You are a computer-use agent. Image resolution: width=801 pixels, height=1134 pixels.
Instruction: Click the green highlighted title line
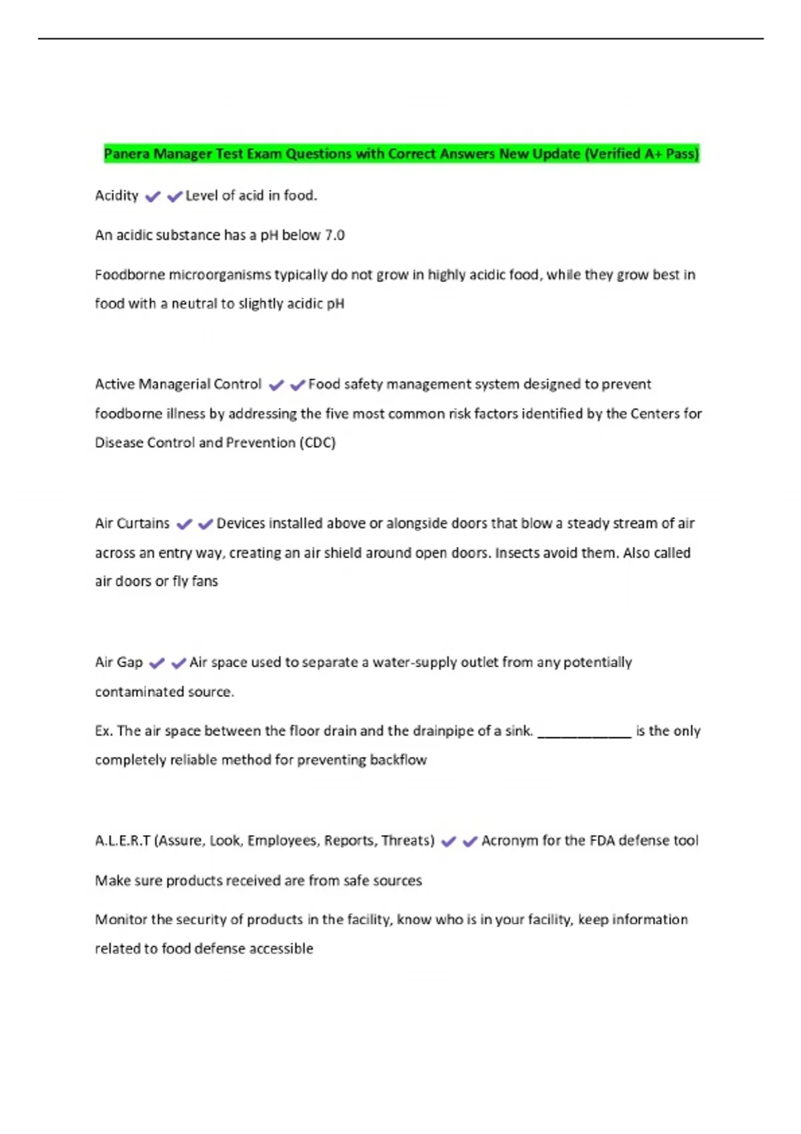click(400, 154)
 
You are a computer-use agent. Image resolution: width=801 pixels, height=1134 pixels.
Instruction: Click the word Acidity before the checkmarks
click(117, 195)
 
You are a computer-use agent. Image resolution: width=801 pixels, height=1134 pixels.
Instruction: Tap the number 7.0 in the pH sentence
click(334, 235)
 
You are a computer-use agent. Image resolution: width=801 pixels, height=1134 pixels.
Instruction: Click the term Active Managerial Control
click(178, 384)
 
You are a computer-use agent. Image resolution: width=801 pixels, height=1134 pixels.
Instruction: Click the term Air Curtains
click(132, 524)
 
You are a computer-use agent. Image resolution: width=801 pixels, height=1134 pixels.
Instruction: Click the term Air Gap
click(119, 662)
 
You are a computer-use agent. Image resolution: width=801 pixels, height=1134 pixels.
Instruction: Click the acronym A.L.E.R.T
click(123, 840)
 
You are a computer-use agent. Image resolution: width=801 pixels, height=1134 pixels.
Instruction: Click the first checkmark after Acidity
click(153, 196)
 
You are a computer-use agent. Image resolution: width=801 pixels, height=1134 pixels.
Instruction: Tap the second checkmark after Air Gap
click(178, 663)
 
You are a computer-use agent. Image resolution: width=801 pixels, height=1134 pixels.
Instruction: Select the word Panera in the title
click(127, 154)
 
